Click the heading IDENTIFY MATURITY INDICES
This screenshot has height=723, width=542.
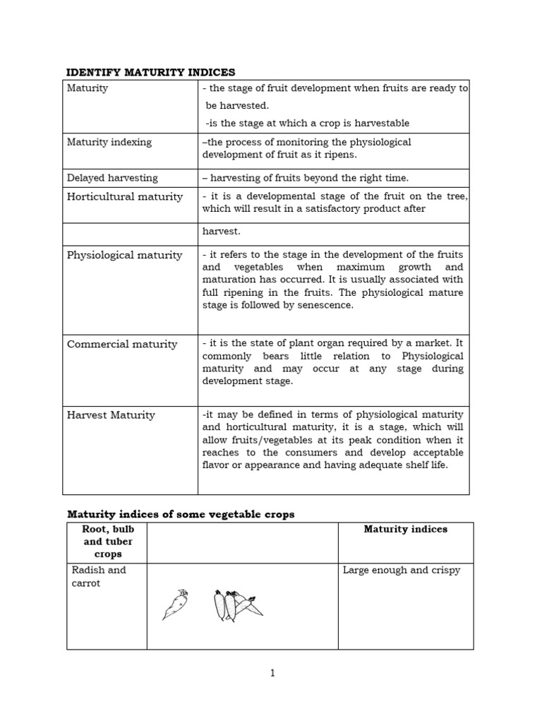[x=150, y=72]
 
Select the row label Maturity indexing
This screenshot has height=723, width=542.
[x=109, y=142]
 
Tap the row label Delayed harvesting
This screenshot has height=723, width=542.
[x=112, y=178]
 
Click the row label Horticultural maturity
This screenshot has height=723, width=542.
[x=124, y=196]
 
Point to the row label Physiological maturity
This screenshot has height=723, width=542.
[x=124, y=255]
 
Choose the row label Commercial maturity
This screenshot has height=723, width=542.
[x=122, y=344]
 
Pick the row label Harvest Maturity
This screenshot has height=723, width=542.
[x=111, y=415]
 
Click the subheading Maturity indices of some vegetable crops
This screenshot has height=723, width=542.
[x=180, y=515]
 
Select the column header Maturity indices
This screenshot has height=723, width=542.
[x=405, y=529]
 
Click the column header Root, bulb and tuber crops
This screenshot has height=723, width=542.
[x=107, y=542]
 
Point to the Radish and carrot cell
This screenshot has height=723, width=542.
[x=97, y=577]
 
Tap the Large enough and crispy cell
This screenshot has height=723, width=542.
[x=401, y=570]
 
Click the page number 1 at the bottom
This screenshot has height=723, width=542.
[x=272, y=673]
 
